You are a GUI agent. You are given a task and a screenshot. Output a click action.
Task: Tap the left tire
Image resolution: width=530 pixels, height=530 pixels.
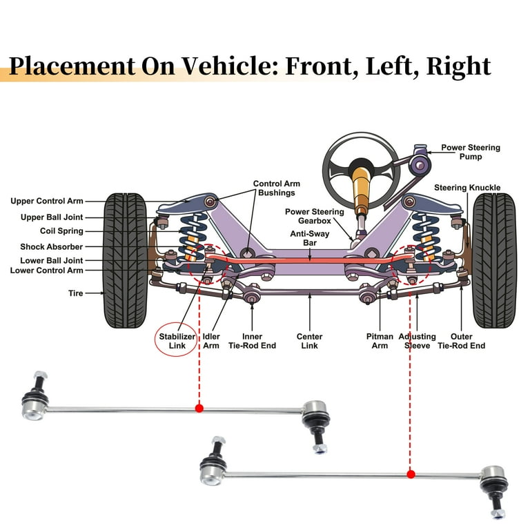pyautogui.click(x=125, y=260)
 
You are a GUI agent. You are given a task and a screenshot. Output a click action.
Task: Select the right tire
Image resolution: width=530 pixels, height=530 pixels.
pyautogui.click(x=494, y=260)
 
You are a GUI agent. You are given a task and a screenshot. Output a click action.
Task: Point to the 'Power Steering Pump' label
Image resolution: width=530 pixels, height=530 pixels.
pyautogui.click(x=471, y=152)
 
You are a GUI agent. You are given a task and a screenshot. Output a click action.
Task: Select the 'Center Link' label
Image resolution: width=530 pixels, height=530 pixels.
pyautogui.click(x=310, y=341)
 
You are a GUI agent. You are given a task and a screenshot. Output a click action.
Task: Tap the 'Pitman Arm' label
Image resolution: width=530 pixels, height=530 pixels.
pyautogui.click(x=380, y=341)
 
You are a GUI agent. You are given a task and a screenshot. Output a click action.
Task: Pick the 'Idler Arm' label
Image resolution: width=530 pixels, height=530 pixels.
pyautogui.click(x=211, y=341)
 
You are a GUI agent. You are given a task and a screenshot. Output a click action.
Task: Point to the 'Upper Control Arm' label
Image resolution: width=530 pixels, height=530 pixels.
pyautogui.click(x=46, y=202)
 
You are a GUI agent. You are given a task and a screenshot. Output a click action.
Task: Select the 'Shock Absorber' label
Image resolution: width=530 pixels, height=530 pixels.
pyautogui.click(x=51, y=246)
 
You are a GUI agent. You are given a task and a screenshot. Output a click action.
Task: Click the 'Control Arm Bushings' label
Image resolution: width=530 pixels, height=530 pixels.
pyautogui.click(x=277, y=188)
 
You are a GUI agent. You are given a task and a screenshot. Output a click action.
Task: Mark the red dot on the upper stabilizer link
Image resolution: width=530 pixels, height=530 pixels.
pyautogui.click(x=199, y=409)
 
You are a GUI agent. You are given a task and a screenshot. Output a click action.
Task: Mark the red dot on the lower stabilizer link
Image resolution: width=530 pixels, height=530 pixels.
pyautogui.click(x=411, y=474)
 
